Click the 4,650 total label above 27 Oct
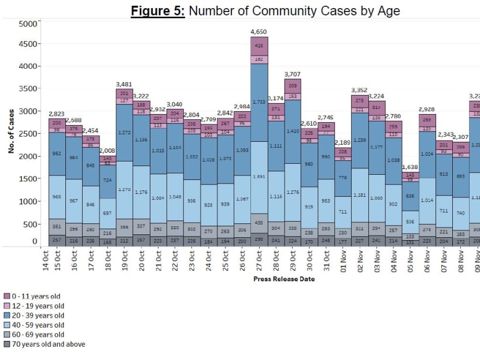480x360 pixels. [x=259, y=31]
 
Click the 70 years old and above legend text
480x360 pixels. [x=48, y=344]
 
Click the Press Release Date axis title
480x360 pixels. [x=284, y=279]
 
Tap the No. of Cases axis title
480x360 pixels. [x=11, y=133]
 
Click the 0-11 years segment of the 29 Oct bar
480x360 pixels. [x=292, y=86]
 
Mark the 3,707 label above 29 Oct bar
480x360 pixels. [x=292, y=74]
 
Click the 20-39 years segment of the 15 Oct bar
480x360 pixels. [x=57, y=154]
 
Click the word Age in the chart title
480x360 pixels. [x=388, y=10]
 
